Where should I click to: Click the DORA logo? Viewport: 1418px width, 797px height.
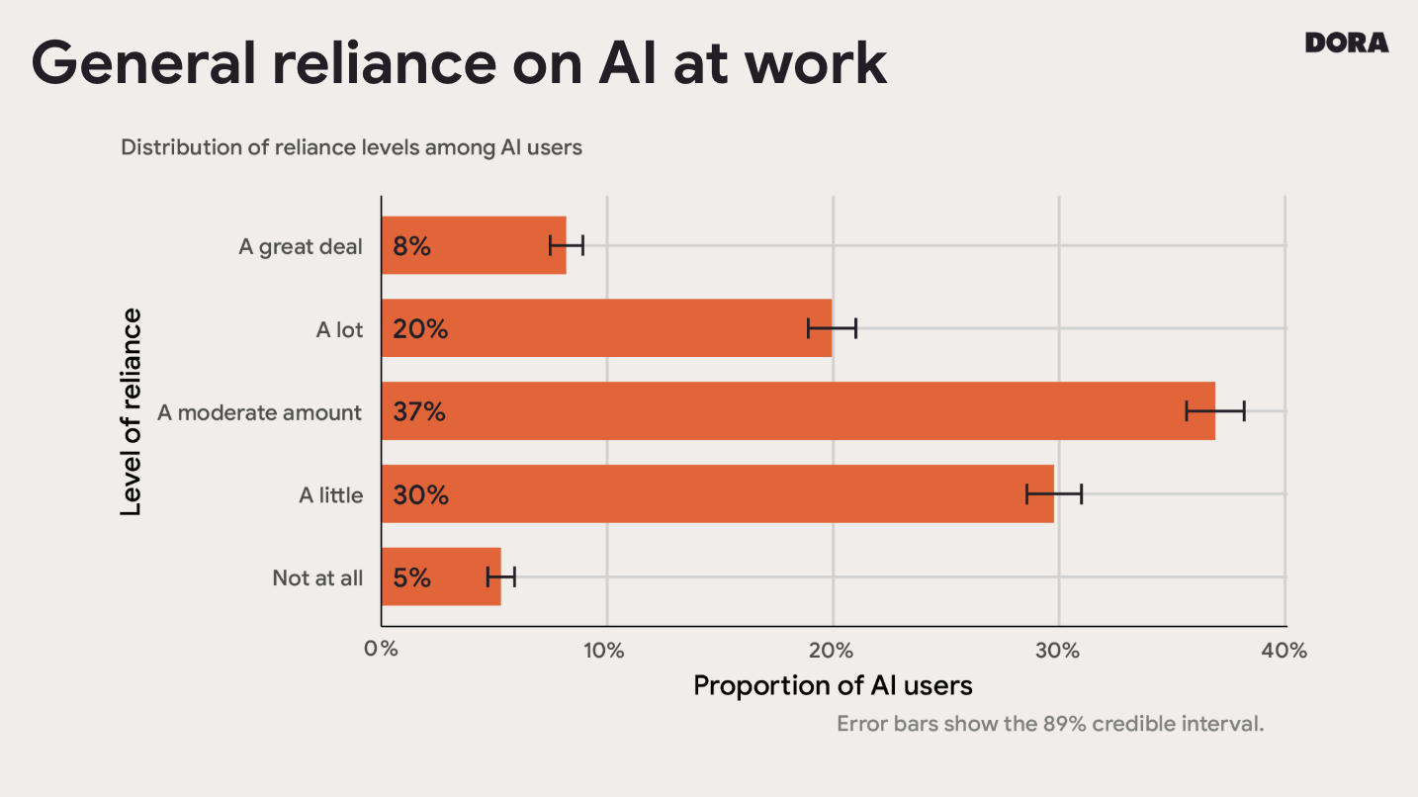(1346, 43)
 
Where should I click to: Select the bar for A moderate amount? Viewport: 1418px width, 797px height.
(797, 411)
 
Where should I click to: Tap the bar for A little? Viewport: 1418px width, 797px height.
(717, 494)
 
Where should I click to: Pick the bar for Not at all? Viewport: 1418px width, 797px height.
(440, 576)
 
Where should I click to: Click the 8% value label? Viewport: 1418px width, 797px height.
(411, 246)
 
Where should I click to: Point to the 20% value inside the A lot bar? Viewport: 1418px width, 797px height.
(420, 329)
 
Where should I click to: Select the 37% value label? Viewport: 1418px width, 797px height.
(419, 411)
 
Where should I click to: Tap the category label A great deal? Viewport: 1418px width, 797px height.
(301, 246)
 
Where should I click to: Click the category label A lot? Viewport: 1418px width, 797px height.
(339, 329)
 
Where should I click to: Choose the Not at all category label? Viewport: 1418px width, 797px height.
(317, 577)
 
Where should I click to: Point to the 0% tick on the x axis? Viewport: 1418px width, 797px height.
(381, 650)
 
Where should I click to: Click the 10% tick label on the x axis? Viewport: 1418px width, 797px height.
(604, 650)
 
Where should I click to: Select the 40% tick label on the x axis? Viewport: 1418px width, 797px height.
(1285, 650)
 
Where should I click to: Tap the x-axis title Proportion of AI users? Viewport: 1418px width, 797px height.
(833, 685)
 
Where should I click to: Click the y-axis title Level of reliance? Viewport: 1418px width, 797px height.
(131, 411)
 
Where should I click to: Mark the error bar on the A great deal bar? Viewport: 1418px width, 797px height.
(567, 245)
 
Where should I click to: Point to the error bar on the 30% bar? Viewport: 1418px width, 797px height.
(1054, 493)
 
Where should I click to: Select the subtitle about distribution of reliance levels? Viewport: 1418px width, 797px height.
(351, 147)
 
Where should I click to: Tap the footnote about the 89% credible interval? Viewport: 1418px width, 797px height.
(1050, 723)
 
